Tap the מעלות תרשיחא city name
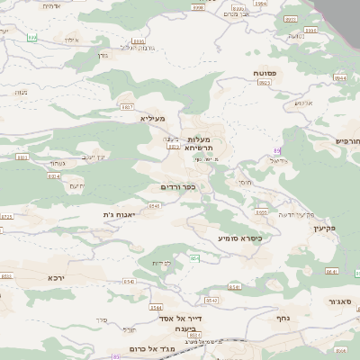[200, 144]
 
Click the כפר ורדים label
[178, 187]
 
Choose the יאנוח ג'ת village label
[120, 215]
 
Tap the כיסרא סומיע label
[239, 238]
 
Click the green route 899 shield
[32, 38]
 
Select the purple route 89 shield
[276, 150]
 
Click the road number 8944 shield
[339, 78]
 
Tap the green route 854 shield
[194, 259]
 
